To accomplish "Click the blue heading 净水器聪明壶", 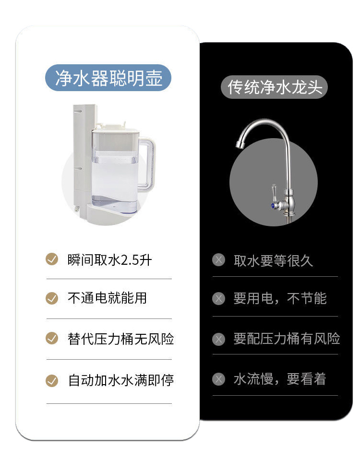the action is (x=108, y=78).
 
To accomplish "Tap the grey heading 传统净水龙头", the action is (x=274, y=87).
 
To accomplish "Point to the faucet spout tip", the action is (x=240, y=144).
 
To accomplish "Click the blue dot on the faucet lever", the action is (x=273, y=206).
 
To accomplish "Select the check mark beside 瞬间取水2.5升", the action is (x=52, y=259).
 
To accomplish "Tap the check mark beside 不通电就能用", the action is (x=52, y=298).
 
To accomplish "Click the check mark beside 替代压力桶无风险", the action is (x=52, y=338).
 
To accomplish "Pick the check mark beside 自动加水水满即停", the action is (x=52, y=380).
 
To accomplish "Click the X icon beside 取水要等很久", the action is (x=218, y=260).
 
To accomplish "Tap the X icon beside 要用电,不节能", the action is (x=218, y=299).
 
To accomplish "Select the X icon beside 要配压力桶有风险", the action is (x=218, y=339).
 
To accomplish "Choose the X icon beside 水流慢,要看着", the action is (x=218, y=379).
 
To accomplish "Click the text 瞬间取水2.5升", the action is (x=110, y=260).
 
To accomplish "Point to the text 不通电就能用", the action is (x=107, y=298).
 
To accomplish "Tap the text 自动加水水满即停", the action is (x=121, y=380).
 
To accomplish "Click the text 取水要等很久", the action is (x=273, y=260).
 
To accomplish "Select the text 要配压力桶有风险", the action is (x=287, y=339).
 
